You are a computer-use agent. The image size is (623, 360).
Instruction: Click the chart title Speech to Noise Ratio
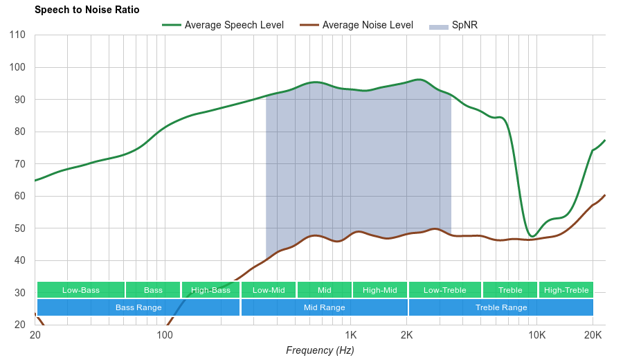pos(87,10)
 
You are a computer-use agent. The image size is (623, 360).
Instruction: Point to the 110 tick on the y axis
pos(18,35)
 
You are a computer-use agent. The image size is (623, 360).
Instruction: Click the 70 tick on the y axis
pos(19,164)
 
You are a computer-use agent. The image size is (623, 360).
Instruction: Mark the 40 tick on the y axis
pos(19,260)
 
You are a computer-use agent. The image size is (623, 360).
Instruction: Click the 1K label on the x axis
pos(350,334)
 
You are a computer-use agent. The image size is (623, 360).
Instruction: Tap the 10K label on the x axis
pos(536,334)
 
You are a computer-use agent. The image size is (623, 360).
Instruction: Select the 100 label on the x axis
pos(164,334)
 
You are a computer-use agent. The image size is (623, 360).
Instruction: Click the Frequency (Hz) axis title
pos(320,350)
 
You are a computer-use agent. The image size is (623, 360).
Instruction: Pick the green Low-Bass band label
pos(80,290)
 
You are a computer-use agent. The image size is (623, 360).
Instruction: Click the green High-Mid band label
pos(379,290)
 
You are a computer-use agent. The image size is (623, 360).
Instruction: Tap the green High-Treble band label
pos(566,290)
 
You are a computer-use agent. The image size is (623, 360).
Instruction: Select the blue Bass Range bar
pos(138,307)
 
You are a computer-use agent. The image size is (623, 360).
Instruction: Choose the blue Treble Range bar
pos(500,307)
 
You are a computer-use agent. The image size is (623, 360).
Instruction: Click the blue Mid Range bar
pos(324,307)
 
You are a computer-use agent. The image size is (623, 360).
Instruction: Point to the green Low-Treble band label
pos(444,290)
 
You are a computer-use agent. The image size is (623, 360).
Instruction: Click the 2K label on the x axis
pos(406,334)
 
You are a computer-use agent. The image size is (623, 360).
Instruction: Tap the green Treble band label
pos(509,290)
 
